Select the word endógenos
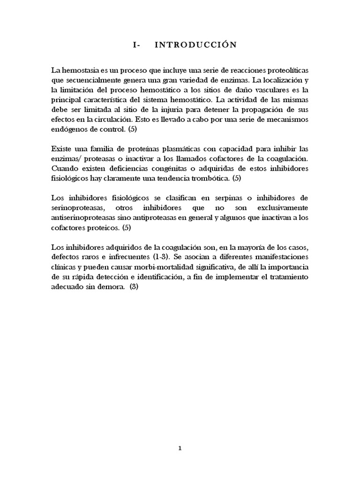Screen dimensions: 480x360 [x=68, y=129]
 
